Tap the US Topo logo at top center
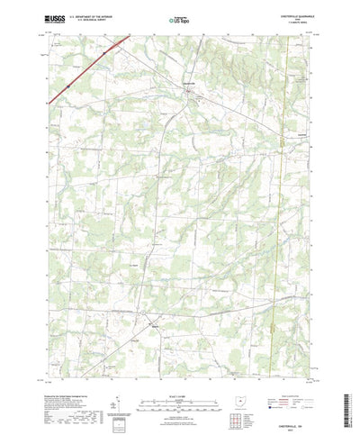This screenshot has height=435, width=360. click(x=179, y=19)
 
